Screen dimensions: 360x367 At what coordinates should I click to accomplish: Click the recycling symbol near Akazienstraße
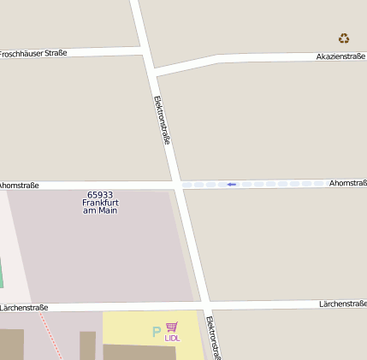pos(344,38)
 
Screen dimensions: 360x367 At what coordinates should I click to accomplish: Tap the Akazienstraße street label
pos(340,56)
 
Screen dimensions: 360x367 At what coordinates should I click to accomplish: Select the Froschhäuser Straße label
pos(33,53)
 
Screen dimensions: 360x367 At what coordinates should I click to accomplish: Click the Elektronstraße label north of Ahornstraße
pos(161,119)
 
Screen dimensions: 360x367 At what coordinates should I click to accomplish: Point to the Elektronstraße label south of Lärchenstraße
pos(214,339)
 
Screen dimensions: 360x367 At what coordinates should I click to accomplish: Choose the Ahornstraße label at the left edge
pos(19,185)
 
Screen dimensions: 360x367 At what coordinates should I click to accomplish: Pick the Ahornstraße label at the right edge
pos(347,183)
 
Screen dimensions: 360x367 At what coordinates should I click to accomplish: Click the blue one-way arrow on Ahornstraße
pos(231,184)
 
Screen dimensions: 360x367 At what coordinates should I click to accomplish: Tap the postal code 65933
pos(100,194)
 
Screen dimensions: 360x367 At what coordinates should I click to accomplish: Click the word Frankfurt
pos(100,203)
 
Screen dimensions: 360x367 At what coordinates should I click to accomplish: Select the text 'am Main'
pos(100,210)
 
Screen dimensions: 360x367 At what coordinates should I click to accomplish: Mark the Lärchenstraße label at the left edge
pos(24,307)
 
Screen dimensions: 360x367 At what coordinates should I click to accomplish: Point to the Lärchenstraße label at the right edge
pos(342,304)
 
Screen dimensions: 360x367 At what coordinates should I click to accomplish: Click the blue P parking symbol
pos(156,332)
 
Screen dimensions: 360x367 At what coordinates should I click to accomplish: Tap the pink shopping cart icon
pos(172,327)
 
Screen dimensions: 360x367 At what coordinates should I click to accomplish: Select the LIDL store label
pos(172,338)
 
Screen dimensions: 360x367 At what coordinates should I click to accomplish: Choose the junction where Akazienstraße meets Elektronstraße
pos(151,72)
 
